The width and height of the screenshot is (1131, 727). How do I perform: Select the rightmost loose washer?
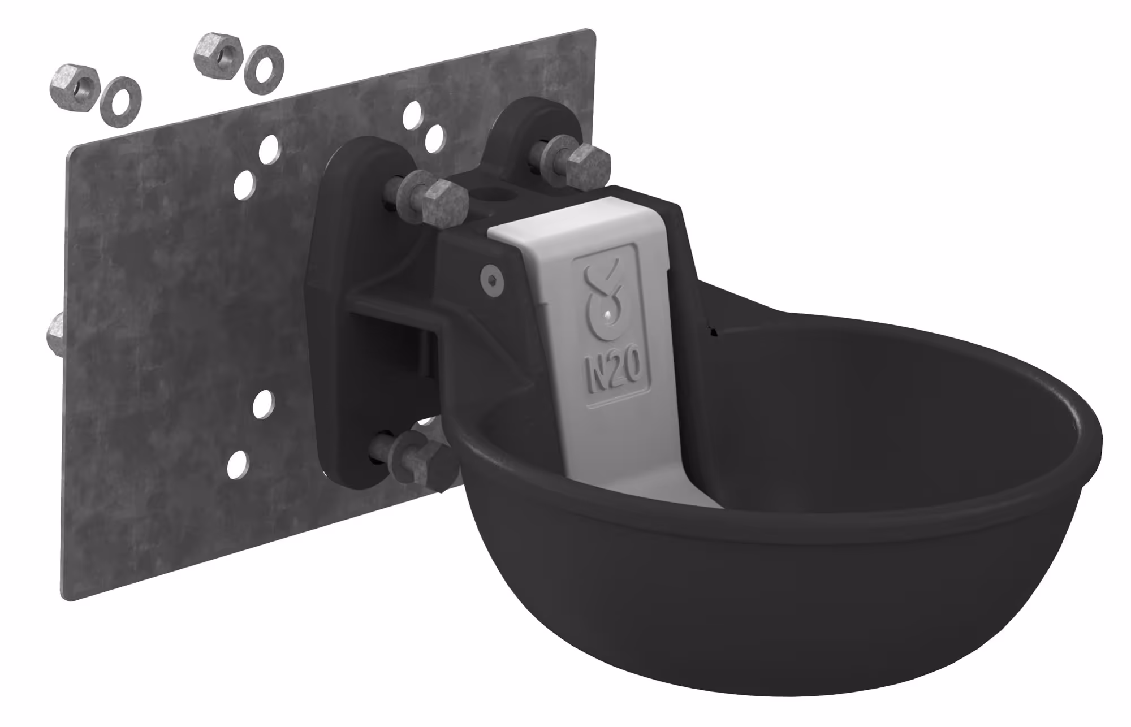264,67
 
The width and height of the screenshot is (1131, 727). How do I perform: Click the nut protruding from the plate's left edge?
55,334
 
